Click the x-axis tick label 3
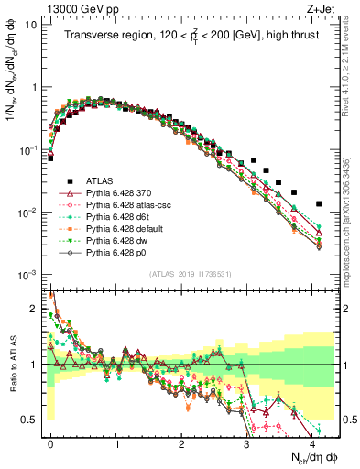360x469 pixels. [x=246, y=442]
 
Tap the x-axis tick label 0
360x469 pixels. [x=50, y=442]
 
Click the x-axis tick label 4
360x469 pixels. [x=311, y=442]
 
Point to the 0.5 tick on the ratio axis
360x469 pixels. [x=34, y=420]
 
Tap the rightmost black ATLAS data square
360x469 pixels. [x=319, y=203]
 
